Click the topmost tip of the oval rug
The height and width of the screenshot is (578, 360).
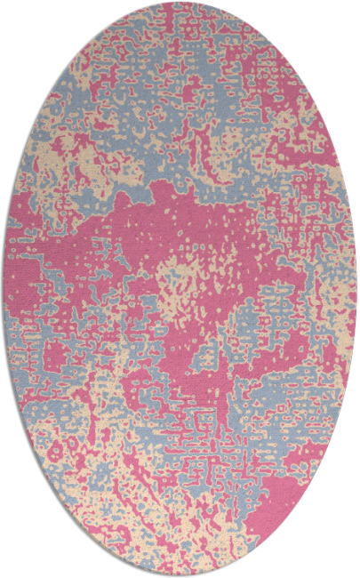click(x=179, y=4)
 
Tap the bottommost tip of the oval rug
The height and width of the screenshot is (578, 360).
click(x=179, y=574)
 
